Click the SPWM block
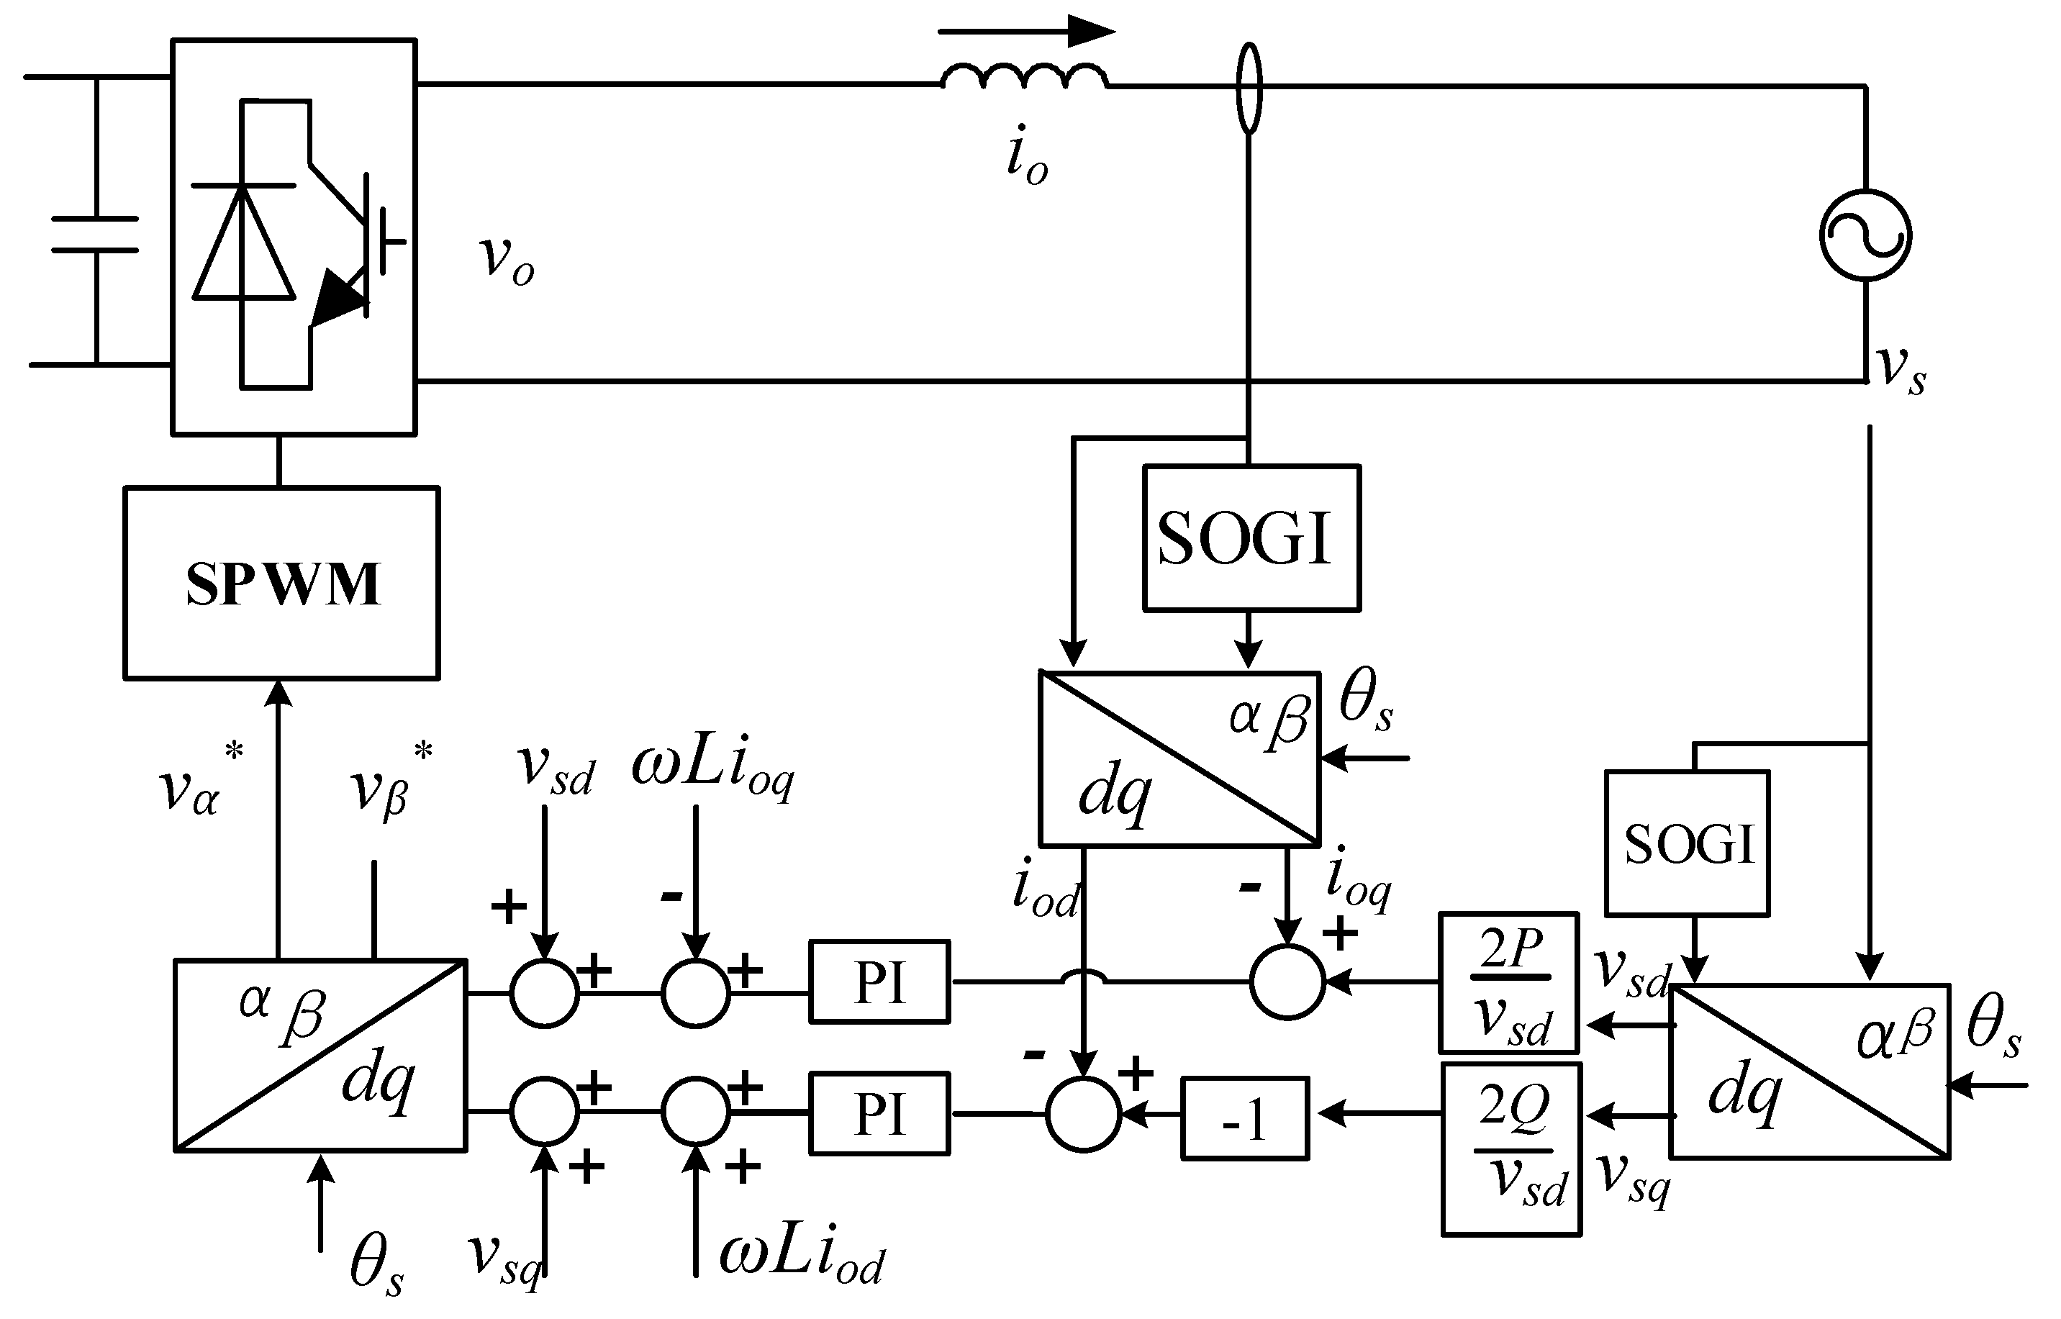click(282, 584)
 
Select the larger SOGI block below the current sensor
click(1251, 538)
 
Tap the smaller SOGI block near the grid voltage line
click(1687, 843)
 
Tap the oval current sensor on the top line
click(1250, 89)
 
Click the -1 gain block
click(1245, 1118)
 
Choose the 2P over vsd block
click(1508, 982)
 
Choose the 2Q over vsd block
click(1511, 1148)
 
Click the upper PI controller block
click(879, 982)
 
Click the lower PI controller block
click(879, 1113)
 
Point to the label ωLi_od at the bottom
click(802, 1256)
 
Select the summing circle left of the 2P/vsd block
click(1287, 982)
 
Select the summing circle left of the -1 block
click(1083, 1113)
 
